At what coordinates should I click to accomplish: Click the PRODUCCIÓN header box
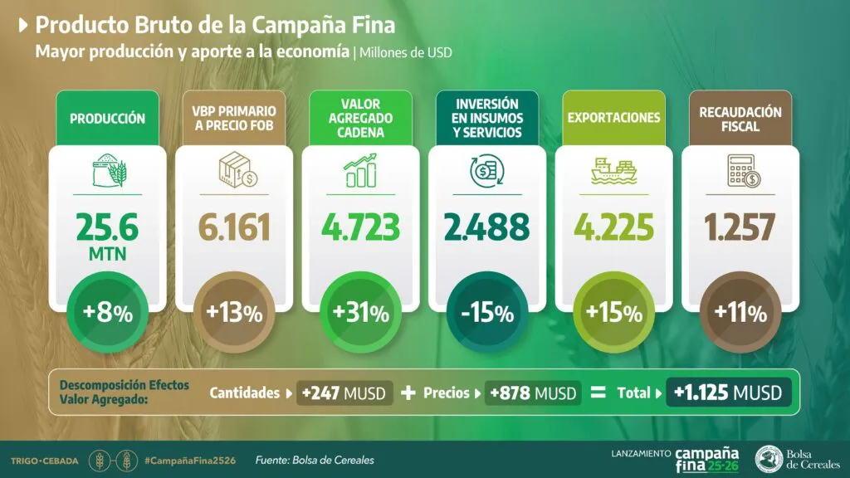click(x=107, y=119)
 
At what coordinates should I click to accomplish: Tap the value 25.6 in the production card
click(x=107, y=225)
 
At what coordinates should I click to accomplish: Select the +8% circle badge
click(x=107, y=314)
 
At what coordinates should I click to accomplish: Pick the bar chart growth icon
click(x=361, y=169)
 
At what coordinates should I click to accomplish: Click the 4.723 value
click(x=361, y=227)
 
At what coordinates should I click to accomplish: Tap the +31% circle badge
click(x=361, y=314)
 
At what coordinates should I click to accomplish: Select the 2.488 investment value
click(x=488, y=227)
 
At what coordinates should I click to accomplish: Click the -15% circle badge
click(x=488, y=314)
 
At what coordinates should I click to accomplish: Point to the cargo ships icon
click(x=615, y=171)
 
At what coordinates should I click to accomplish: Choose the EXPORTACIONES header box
click(x=614, y=117)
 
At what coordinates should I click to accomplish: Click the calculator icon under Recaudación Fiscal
click(x=741, y=171)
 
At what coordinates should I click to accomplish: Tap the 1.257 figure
click(x=741, y=227)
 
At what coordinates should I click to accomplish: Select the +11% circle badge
click(x=741, y=314)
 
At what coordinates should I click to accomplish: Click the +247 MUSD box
click(x=344, y=393)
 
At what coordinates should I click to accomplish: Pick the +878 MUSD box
click(x=533, y=393)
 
